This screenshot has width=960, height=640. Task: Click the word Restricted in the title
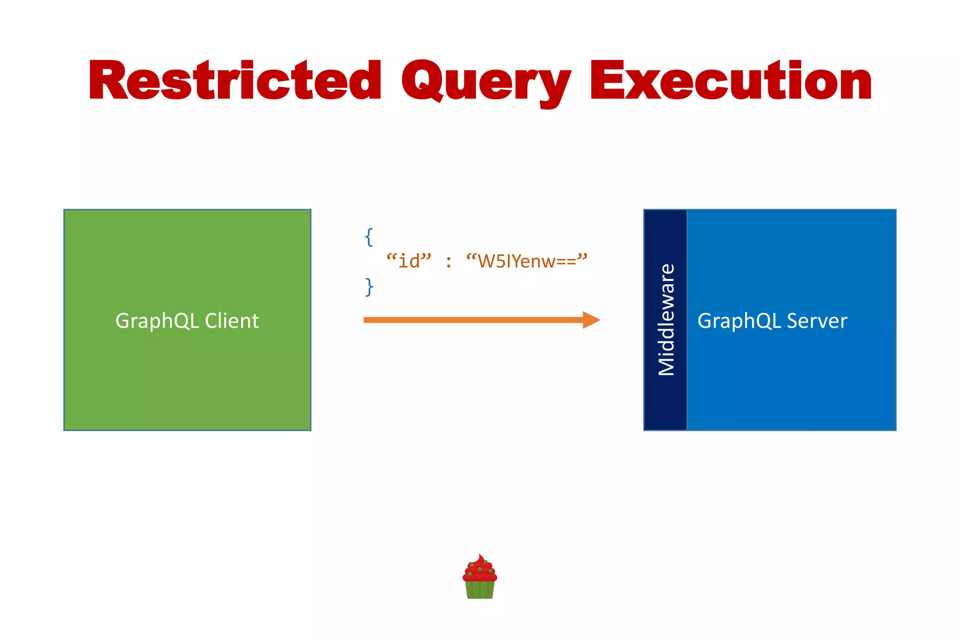point(234,81)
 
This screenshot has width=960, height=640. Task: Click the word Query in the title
point(485,82)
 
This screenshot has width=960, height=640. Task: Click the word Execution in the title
point(730,81)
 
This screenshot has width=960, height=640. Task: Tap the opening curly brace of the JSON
point(369,237)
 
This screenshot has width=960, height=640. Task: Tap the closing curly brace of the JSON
point(369,286)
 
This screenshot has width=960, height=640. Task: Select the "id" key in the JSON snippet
point(408,261)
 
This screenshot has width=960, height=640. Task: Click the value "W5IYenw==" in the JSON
point(526,261)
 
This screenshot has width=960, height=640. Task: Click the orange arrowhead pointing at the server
point(591,320)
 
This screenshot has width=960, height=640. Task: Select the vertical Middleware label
point(666,320)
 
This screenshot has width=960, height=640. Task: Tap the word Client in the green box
point(232,321)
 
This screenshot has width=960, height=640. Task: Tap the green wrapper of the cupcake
point(480,590)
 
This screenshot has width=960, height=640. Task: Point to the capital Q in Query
point(422,81)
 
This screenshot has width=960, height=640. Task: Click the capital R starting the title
point(108,81)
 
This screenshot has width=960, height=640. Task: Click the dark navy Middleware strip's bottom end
point(665,420)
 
